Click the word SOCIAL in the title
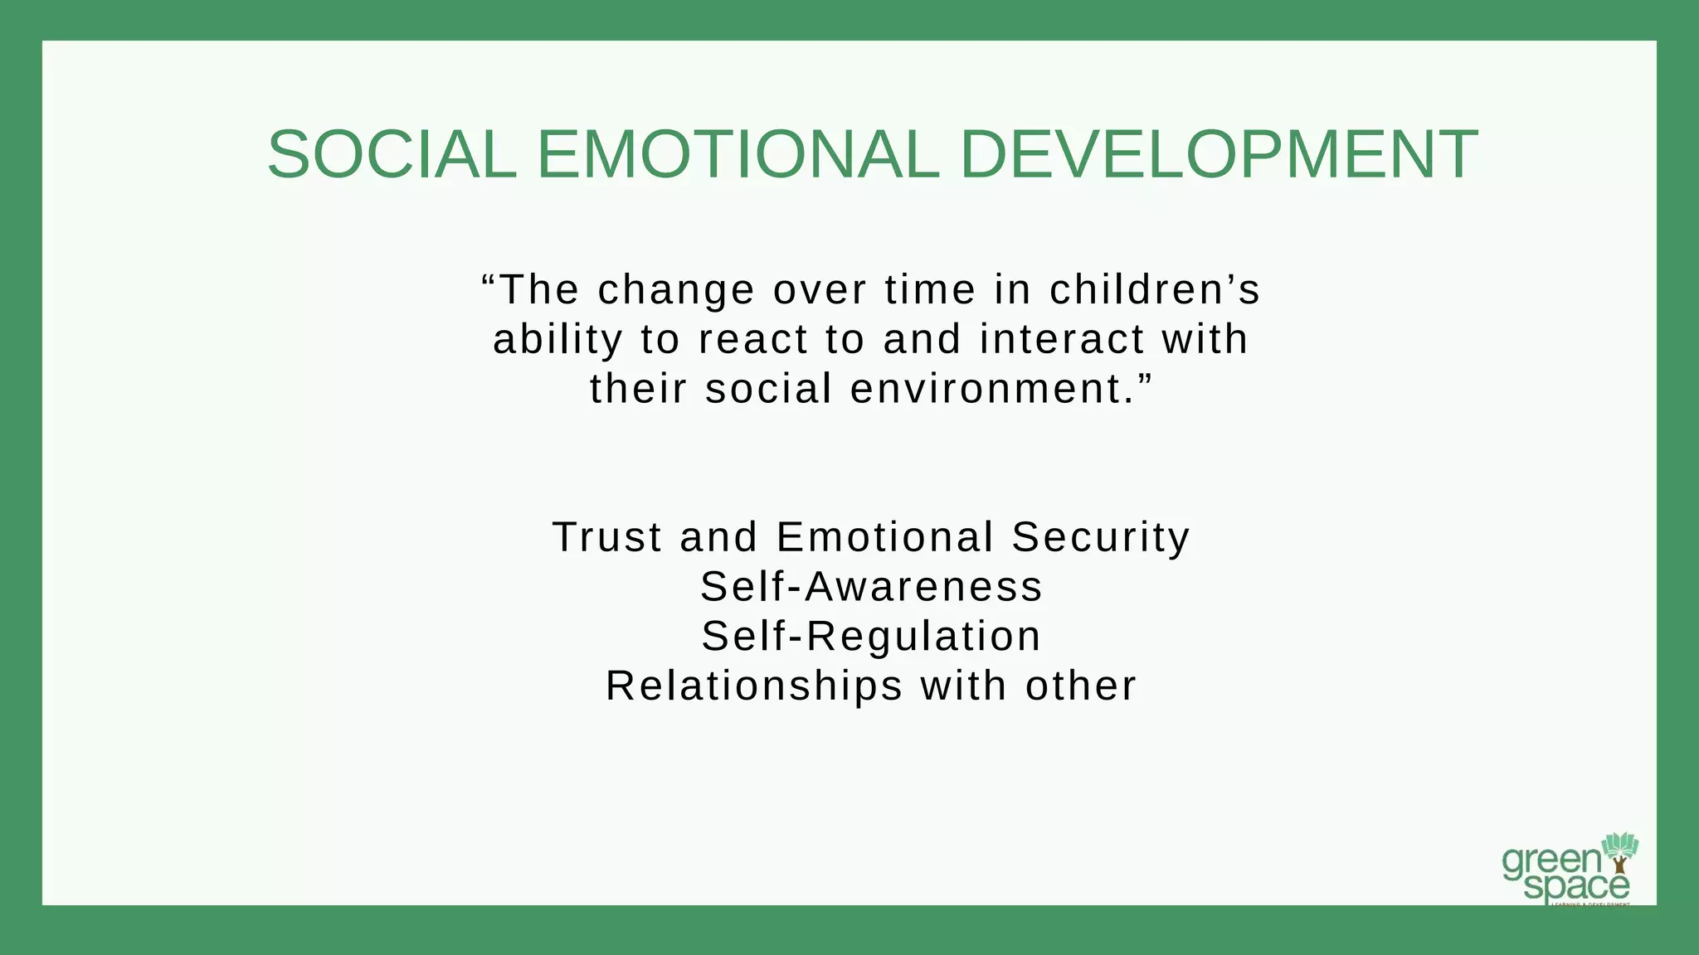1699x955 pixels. click(392, 155)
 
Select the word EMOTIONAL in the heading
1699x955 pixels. click(738, 155)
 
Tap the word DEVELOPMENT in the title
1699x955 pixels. click(1218, 155)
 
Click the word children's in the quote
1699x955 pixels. click(1155, 290)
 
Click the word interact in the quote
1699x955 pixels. click(1061, 340)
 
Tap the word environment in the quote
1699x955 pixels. click(987, 390)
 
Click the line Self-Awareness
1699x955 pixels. click(871, 587)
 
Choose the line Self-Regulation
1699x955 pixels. click(871, 637)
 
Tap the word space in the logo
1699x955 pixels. click(1576, 887)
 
